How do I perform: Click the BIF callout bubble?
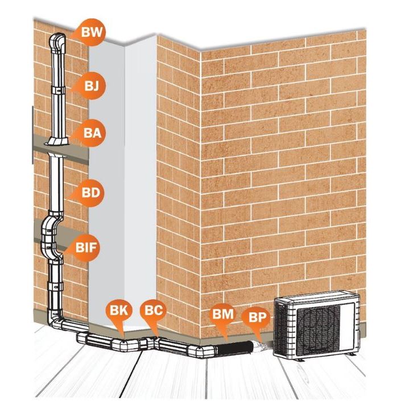pos(85,247)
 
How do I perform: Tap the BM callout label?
pos(222,315)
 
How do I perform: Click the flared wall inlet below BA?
pos(57,141)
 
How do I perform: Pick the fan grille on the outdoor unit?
pos(319,331)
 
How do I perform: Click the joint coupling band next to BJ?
pos(57,90)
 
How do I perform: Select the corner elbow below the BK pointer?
pos(123,345)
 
